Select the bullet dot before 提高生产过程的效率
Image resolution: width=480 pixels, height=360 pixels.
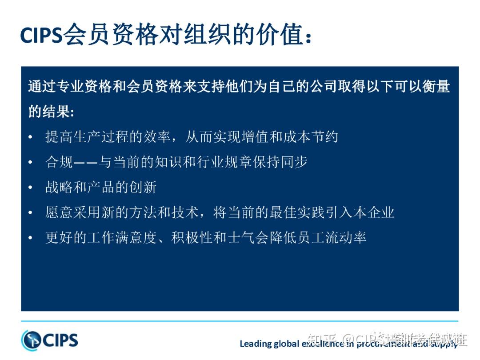coord(30,137)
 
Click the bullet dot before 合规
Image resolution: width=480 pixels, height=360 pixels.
coord(30,163)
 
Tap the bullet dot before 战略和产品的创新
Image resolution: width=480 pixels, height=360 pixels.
coord(30,188)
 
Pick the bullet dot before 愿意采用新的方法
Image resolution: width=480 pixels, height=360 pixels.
coord(30,213)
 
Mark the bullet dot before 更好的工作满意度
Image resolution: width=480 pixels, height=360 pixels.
coord(30,238)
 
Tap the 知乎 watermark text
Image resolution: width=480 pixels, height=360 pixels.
coord(319,341)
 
